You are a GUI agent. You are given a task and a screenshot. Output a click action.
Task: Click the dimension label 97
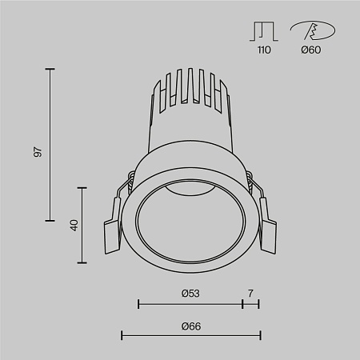[38, 151]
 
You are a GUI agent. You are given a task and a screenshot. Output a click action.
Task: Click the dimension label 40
[74, 225]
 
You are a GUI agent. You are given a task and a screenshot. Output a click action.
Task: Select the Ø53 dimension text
[190, 294]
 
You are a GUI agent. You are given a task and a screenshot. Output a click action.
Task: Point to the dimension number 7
[250, 294]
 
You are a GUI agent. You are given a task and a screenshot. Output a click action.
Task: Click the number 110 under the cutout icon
[264, 50]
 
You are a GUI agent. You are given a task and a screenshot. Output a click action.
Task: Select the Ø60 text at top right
[310, 50]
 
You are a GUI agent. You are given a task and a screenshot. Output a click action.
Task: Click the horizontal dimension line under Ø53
[190, 304]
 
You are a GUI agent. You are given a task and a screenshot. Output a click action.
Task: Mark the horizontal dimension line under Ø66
[190, 335]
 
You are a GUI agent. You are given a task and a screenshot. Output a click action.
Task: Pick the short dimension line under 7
[250, 304]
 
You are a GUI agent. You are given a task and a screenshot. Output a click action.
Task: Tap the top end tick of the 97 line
[51, 70]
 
